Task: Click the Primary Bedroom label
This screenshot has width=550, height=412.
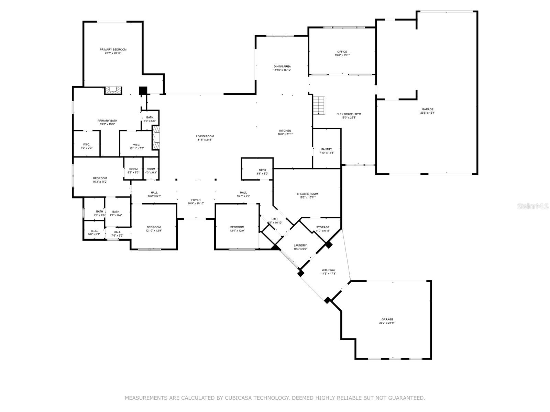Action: pos(113,50)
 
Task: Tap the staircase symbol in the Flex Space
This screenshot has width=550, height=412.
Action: pos(319,105)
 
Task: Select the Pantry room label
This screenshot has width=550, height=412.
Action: pos(326,149)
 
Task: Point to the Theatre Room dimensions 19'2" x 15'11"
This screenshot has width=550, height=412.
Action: pos(307,197)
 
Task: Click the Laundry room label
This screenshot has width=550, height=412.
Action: pos(300,245)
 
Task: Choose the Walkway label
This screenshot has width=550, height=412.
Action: pos(328,270)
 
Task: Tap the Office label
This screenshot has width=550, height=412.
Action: pos(342,52)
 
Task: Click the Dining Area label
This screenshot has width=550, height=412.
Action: pos(282,66)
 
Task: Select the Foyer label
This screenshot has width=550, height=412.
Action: pos(196,200)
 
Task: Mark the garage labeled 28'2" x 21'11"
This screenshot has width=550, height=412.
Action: pos(387,321)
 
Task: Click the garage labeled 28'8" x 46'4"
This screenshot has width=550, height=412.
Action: pos(428,111)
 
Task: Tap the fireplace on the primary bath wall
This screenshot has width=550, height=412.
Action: pos(113,90)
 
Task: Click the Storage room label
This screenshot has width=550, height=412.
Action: pos(323,227)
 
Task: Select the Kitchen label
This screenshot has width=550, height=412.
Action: pos(285,131)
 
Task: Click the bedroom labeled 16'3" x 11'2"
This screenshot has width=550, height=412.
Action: pos(100,180)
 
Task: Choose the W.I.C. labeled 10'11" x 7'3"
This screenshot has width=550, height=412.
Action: pos(136,146)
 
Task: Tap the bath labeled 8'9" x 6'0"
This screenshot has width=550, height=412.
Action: pos(262,172)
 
